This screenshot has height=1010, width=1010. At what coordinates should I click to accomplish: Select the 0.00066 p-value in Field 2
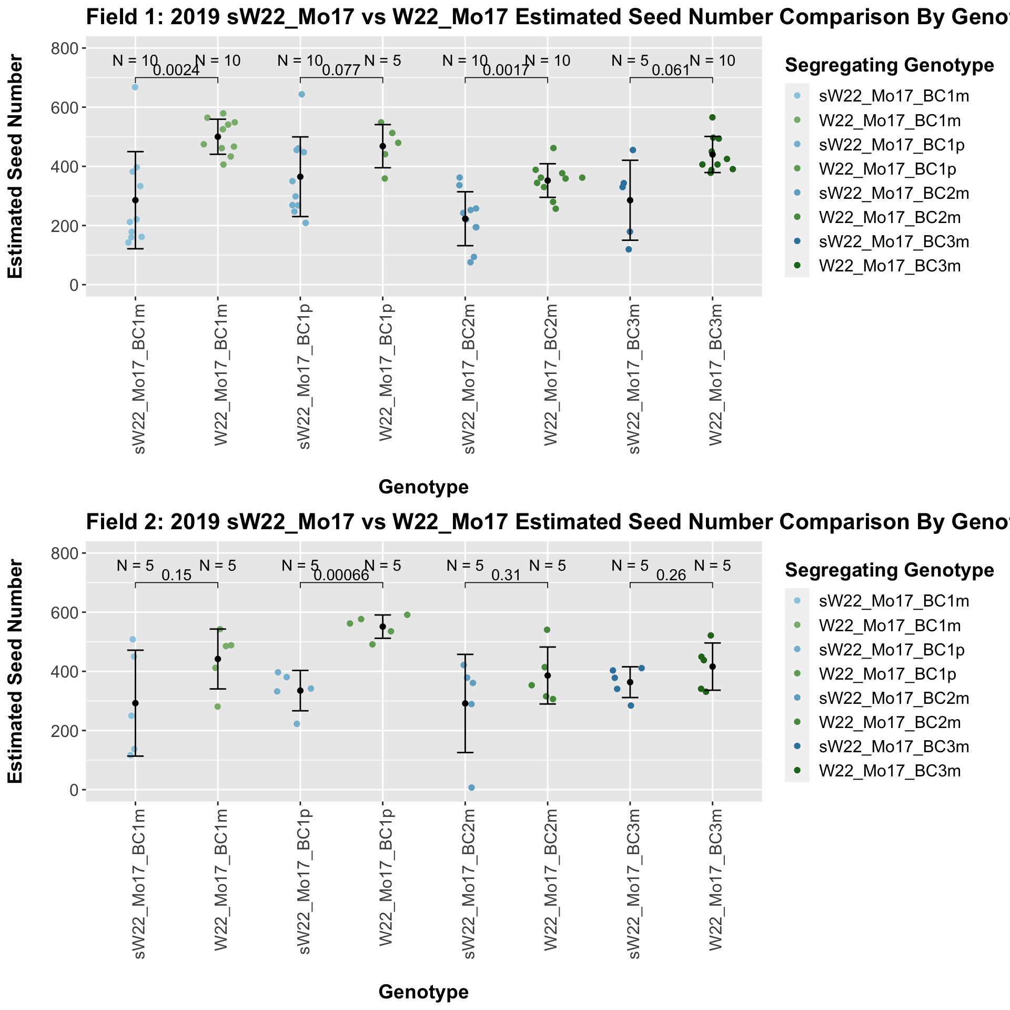(x=341, y=575)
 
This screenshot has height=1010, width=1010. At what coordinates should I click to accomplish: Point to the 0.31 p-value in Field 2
(x=506, y=575)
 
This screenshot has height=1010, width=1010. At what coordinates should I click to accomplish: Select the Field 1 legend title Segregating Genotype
(x=889, y=65)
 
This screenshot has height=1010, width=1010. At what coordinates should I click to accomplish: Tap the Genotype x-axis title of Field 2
(x=423, y=992)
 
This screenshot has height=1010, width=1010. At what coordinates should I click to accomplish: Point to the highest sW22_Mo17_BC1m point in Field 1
(x=135, y=87)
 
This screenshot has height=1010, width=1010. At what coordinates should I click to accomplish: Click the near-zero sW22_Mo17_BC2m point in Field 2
(x=471, y=787)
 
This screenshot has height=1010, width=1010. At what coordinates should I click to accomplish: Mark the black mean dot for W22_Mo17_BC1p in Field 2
(x=382, y=627)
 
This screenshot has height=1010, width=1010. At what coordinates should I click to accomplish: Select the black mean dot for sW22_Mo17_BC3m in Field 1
(x=630, y=200)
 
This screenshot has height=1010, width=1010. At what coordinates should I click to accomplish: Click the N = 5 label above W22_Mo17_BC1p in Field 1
(x=382, y=61)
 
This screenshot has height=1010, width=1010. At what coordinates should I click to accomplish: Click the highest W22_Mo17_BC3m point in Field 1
(x=712, y=117)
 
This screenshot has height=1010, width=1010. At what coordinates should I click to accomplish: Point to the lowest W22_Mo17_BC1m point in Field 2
(x=217, y=706)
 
